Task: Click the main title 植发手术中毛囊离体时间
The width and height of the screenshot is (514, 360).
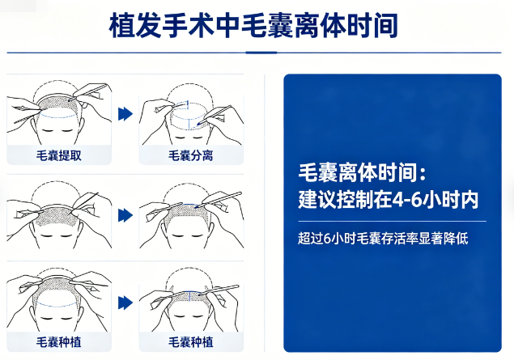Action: coord(253,26)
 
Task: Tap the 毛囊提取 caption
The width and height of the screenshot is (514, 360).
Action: coord(58,155)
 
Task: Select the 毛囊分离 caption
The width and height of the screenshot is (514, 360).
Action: coord(191,155)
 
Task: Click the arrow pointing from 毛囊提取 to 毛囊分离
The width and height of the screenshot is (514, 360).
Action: coord(125,114)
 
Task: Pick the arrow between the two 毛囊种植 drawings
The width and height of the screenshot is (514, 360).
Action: coord(125,303)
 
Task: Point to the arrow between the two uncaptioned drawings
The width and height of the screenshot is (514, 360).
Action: coord(125,215)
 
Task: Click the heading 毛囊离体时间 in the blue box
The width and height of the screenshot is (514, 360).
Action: coord(358,172)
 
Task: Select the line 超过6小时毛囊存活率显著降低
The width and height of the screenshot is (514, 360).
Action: coord(383,238)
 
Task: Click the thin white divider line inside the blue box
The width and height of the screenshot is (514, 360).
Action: coord(392,222)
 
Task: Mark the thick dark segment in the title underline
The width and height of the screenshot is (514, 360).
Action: coord(261,53)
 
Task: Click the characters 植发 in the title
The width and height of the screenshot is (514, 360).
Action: coord(134,26)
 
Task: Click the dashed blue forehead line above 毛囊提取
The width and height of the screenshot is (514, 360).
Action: coord(58,116)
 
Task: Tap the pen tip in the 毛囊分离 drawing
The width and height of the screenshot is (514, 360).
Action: coord(198,124)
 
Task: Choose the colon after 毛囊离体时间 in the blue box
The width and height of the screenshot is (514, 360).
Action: coord(423,174)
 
